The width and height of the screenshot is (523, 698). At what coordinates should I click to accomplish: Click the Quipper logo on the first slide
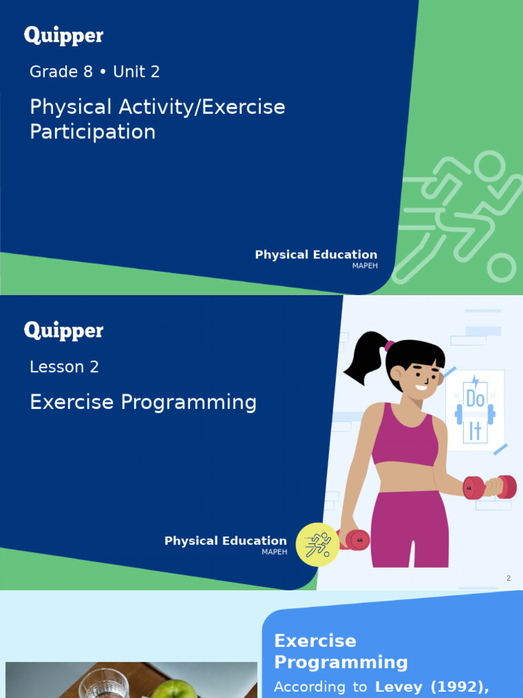point(63,35)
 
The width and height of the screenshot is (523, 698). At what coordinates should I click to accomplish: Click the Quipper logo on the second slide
point(63,331)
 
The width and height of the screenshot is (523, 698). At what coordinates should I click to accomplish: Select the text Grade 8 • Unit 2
point(95,72)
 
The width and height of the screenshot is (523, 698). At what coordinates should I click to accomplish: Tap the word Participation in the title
point(93,132)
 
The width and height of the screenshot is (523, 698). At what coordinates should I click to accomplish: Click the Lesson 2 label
point(64,367)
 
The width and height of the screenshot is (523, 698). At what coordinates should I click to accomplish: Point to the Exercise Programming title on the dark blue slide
point(143,402)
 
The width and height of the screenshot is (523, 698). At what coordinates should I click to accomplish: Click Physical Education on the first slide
point(316,254)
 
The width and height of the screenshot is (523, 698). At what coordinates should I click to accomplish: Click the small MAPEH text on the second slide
point(274,551)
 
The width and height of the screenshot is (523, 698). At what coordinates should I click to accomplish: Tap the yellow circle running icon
point(317,545)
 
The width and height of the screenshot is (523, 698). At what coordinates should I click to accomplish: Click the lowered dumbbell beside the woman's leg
point(356,540)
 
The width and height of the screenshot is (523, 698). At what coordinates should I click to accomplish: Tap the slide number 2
point(508,578)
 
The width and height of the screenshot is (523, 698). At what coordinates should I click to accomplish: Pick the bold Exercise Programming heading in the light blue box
point(340,651)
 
